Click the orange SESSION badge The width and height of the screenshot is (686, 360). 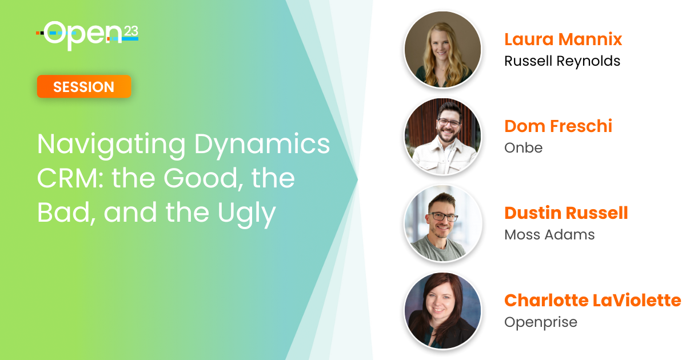84,87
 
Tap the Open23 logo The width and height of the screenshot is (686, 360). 87,35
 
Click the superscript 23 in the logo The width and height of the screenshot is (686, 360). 131,31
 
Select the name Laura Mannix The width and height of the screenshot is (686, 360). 563,39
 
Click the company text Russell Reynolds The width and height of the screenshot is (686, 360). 563,61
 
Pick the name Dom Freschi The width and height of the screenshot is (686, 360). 558,126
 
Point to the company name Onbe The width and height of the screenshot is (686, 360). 524,148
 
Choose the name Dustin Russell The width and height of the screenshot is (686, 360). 567,213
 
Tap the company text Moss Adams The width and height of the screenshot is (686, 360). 549,235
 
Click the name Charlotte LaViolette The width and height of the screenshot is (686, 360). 593,301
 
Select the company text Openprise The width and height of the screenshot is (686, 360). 541,322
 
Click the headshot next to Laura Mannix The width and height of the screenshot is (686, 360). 442,49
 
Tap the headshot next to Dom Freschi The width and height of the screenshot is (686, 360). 442,136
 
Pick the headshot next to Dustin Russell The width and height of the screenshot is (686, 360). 442,223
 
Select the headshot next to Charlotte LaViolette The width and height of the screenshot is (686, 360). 442,310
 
